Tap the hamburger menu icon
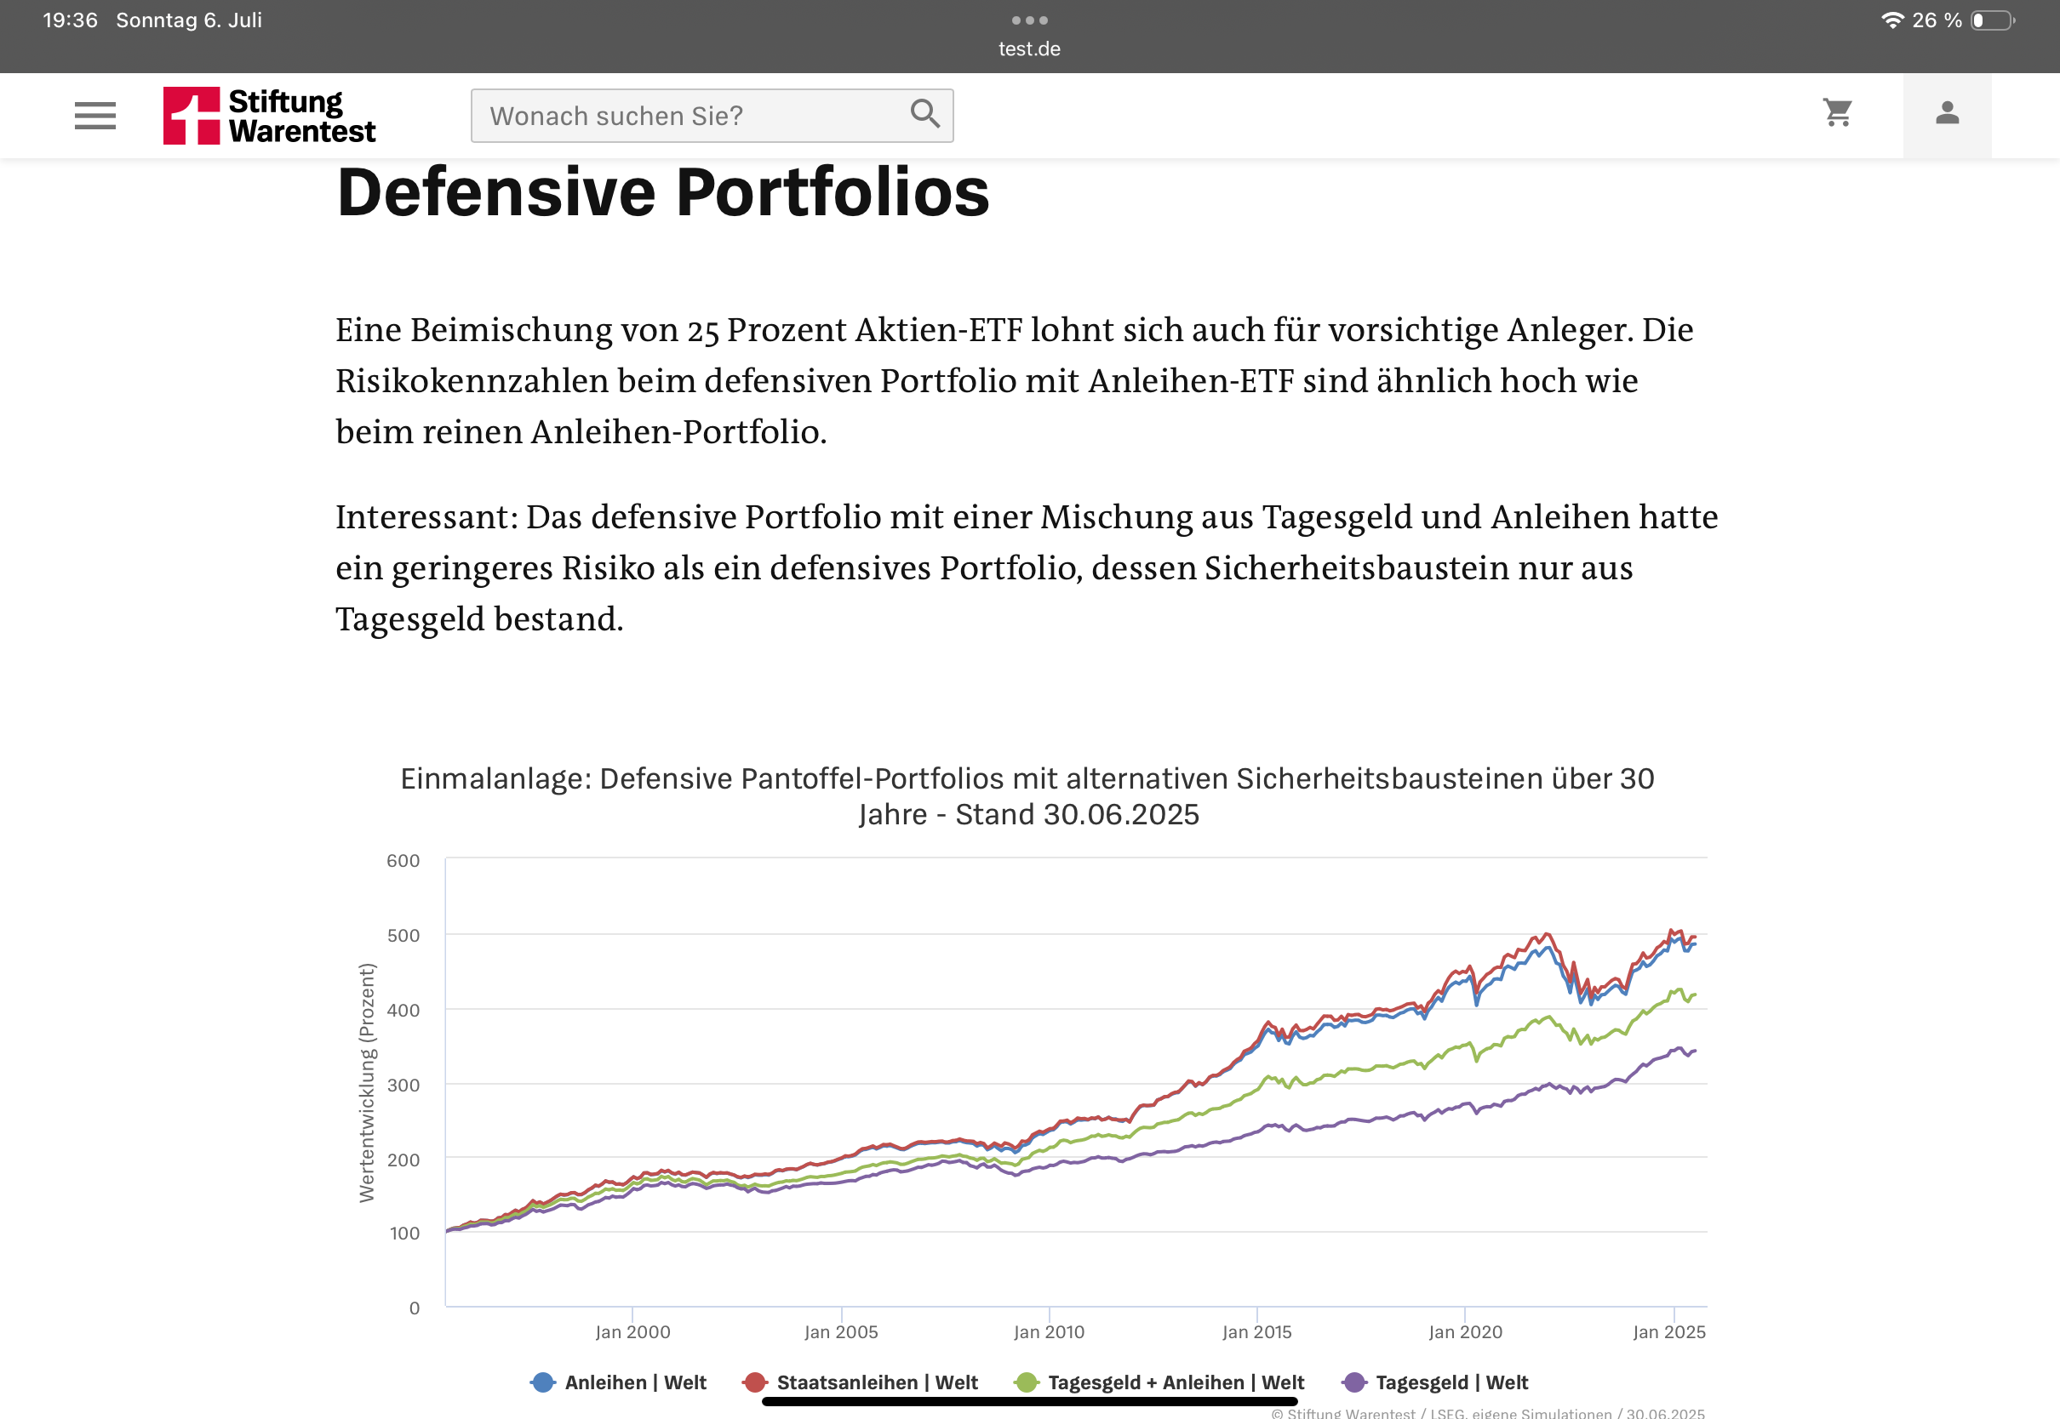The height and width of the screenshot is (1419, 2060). (95, 116)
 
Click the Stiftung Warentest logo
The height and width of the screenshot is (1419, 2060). (269, 116)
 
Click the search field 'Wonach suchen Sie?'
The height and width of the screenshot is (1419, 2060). (685, 116)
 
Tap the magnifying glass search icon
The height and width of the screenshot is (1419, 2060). (925, 114)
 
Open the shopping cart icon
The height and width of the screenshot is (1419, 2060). (1838, 113)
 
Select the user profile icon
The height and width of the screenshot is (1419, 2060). (1947, 113)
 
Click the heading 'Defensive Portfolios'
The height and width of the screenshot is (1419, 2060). (662, 192)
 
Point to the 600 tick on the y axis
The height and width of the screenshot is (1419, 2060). (403, 861)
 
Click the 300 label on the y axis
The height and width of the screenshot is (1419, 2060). (403, 1085)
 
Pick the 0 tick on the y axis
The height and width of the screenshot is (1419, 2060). (415, 1308)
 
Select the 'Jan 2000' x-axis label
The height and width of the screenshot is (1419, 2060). (632, 1332)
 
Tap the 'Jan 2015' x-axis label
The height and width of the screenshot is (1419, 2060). (1256, 1332)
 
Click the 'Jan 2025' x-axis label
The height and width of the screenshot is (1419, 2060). (1668, 1332)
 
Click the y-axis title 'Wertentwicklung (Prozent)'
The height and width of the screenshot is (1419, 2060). (367, 1083)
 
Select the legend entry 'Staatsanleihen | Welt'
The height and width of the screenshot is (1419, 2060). (861, 1382)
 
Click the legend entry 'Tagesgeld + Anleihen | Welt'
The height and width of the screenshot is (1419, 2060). (1160, 1382)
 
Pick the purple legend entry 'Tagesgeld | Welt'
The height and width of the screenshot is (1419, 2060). (1435, 1382)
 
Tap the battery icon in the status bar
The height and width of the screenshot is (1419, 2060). (1993, 20)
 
